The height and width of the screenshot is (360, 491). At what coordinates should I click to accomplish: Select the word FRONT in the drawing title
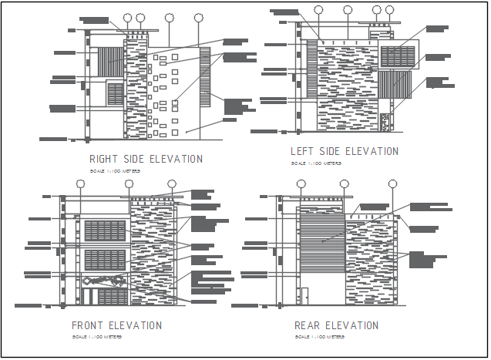click(x=87, y=326)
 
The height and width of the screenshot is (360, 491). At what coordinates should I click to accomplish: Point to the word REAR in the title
click(x=306, y=326)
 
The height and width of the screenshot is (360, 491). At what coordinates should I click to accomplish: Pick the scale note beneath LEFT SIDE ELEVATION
click(x=316, y=163)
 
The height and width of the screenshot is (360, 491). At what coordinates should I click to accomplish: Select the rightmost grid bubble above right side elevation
click(x=199, y=16)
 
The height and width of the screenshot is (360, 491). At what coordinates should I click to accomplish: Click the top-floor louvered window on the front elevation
click(x=105, y=232)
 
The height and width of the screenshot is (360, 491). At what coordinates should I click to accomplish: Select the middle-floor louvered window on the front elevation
click(x=105, y=261)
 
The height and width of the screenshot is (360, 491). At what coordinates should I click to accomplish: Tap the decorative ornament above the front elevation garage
click(x=105, y=281)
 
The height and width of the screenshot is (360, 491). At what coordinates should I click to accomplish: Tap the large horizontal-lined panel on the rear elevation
click(x=321, y=239)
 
